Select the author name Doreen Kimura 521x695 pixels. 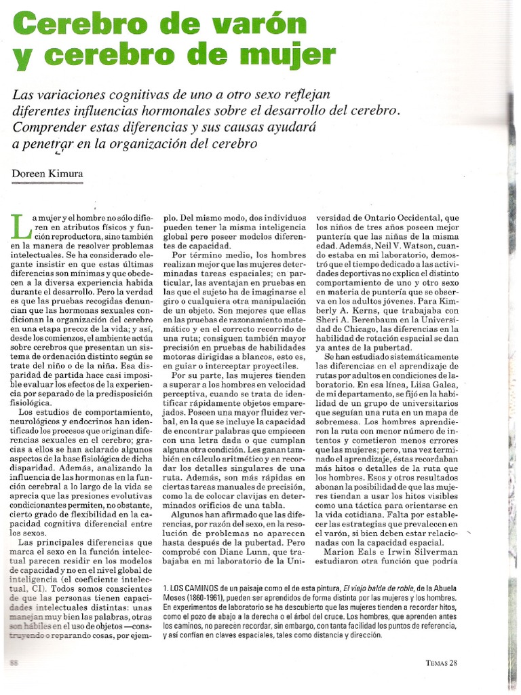47,174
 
